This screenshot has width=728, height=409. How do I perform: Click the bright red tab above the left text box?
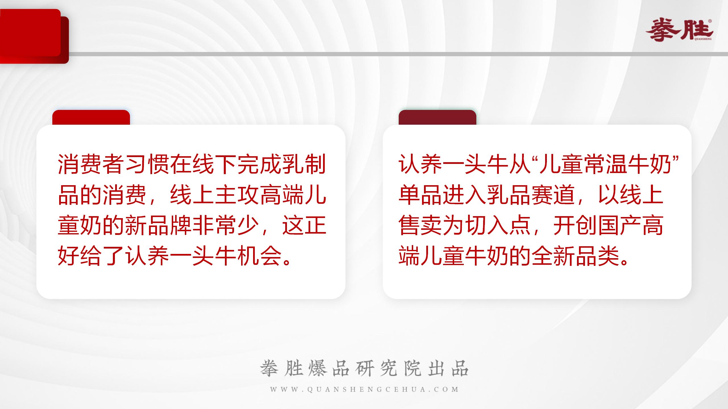91,117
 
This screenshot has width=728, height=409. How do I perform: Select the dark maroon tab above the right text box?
437,117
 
